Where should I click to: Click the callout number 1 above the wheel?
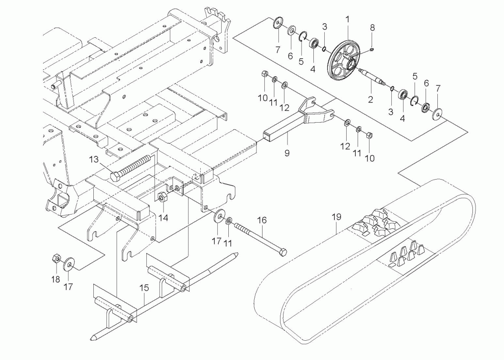click(x=347, y=19)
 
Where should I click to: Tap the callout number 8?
click(x=372, y=27)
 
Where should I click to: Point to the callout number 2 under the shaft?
click(x=370, y=100)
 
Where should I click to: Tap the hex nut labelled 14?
click(x=161, y=198)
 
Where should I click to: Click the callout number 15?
click(x=144, y=289)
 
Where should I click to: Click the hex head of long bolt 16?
click(x=283, y=252)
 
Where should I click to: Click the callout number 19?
click(x=336, y=217)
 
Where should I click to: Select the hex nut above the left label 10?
click(x=264, y=74)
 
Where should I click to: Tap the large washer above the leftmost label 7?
click(x=277, y=23)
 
